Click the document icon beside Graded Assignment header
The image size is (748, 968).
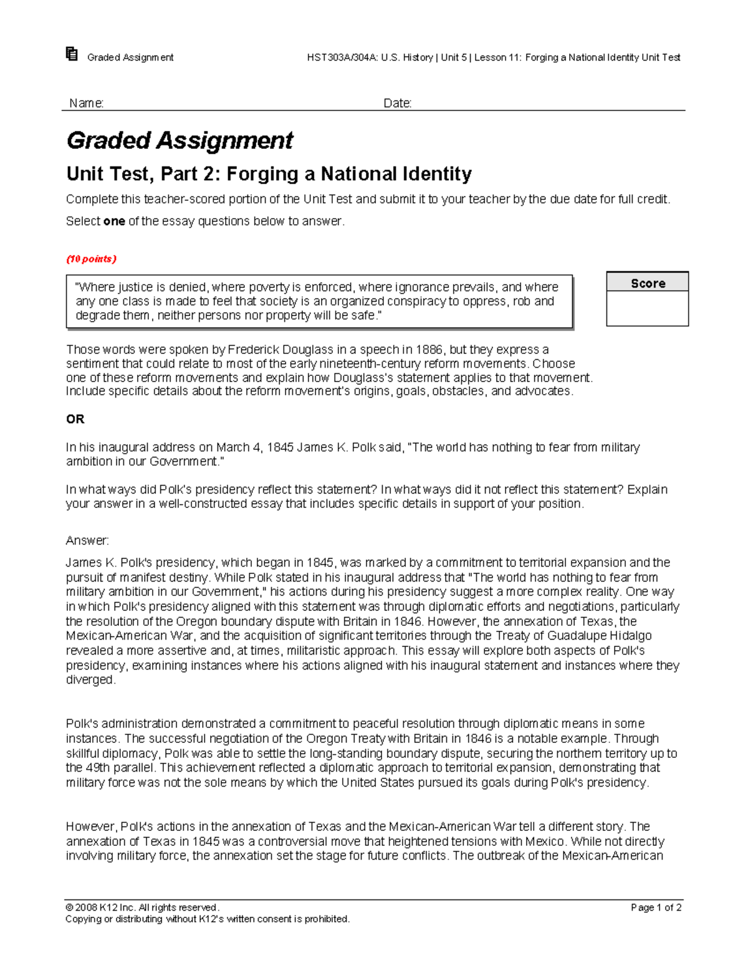click(x=72, y=54)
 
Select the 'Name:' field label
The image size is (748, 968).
click(x=86, y=103)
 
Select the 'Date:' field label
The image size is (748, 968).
click(x=397, y=103)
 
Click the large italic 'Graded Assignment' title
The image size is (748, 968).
click(x=180, y=141)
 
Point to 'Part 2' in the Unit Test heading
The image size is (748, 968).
click(x=186, y=174)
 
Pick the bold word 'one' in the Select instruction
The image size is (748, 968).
click(x=113, y=221)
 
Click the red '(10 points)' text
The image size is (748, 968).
click(x=91, y=259)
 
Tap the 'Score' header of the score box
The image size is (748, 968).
click(x=647, y=284)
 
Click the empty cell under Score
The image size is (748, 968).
click(x=647, y=309)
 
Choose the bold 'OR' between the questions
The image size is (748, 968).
click(x=75, y=419)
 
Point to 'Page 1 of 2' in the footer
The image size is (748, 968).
click(x=656, y=908)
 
